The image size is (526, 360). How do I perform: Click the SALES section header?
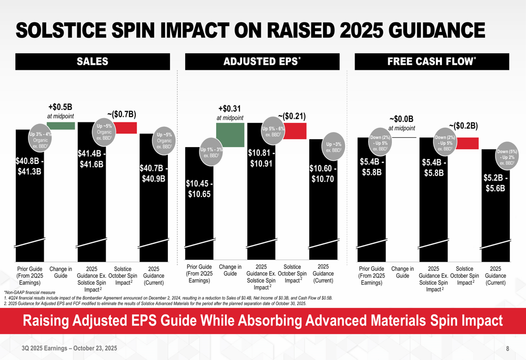coord(93,62)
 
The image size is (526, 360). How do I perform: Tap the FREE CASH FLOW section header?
coord(432,62)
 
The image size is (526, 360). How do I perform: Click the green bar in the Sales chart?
coord(61,126)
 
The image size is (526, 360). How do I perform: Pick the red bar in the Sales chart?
coord(125,128)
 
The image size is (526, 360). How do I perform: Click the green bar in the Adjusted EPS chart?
coord(230,135)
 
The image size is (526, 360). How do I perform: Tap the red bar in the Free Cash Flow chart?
coord(467,143)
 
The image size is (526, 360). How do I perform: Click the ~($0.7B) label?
coord(122,114)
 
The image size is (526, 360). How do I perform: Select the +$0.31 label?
coord(229,109)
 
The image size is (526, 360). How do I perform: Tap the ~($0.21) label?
coord(291,116)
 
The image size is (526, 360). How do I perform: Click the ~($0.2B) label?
coord(463,126)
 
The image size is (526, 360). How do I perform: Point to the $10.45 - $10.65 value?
coord(199,189)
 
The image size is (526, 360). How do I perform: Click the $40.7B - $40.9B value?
coord(153,173)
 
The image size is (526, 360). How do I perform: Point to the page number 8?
coord(508,348)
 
